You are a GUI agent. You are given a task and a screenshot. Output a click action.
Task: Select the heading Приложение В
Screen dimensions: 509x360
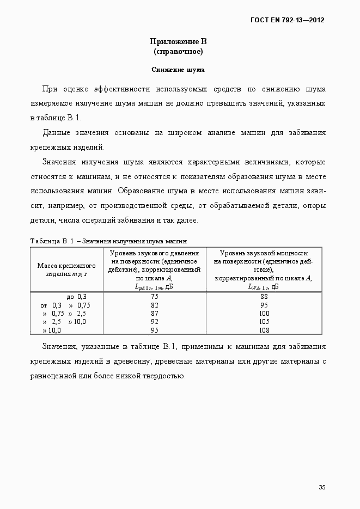[178, 41]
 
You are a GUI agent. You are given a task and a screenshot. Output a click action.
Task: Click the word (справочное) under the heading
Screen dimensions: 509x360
[178, 52]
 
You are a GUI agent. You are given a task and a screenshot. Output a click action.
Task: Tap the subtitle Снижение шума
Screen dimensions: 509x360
[178, 70]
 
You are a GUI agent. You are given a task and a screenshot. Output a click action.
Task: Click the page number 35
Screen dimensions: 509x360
[322, 487]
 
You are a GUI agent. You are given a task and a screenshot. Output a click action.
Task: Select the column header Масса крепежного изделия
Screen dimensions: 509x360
[66, 269]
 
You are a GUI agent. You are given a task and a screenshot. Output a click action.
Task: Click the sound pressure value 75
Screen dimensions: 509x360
[154, 296]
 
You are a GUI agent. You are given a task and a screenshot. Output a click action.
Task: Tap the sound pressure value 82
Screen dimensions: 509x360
[154, 305]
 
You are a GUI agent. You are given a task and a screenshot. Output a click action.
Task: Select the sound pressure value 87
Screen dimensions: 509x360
[154, 313]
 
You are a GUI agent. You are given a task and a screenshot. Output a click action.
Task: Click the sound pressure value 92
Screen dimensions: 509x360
[154, 321]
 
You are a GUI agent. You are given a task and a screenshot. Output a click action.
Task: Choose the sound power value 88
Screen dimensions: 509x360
[264, 296]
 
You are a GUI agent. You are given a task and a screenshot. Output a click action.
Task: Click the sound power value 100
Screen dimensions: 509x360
[264, 313]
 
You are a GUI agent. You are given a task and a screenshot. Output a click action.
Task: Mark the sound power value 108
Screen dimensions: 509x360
[264, 330]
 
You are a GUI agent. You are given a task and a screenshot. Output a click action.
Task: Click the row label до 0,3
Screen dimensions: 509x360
[76, 297]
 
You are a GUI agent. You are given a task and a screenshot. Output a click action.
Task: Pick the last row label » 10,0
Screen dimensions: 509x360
[52, 330]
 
